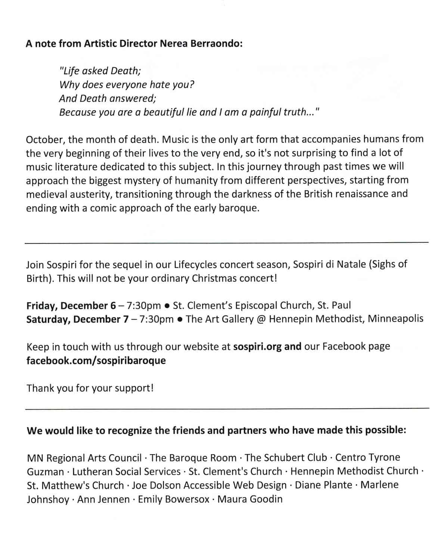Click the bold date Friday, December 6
(71, 306)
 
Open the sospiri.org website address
(257, 347)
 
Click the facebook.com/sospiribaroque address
(96, 361)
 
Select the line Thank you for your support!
(90, 388)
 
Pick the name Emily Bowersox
(174, 499)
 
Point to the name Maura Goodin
(250, 499)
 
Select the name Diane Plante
(323, 486)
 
